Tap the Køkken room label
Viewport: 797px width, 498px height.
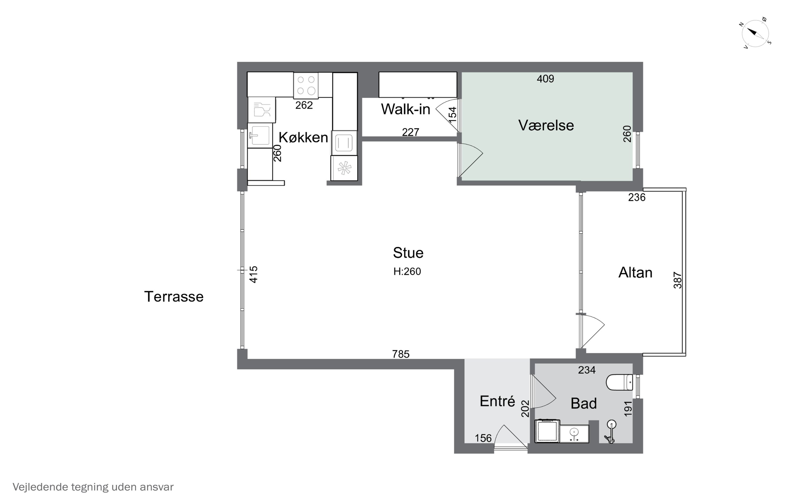303,137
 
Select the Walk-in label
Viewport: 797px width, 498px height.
405,109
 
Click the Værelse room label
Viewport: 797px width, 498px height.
546,125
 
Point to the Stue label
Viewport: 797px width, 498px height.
408,253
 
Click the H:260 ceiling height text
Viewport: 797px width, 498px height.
407,271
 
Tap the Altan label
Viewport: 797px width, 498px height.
635,273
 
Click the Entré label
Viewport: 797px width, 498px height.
497,401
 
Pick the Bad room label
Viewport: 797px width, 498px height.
584,403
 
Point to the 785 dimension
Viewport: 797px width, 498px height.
401,354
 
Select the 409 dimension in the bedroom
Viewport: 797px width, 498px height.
545,79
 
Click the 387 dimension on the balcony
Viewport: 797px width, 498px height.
677,280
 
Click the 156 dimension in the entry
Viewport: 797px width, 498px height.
483,438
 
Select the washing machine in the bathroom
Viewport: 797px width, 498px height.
547,431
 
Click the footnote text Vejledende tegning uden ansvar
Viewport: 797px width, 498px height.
93,487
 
